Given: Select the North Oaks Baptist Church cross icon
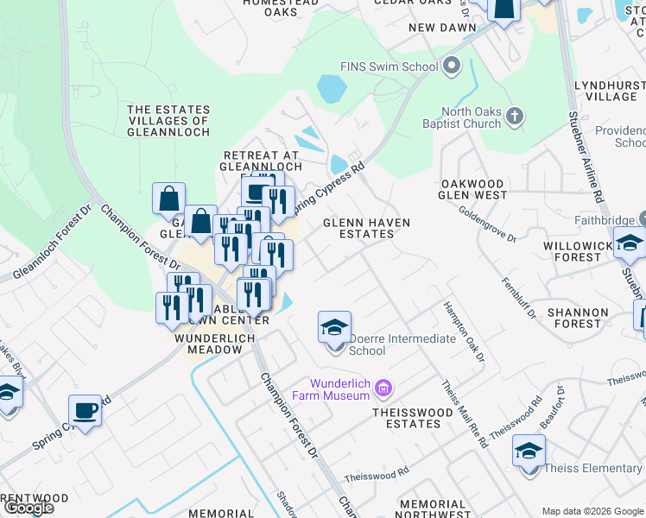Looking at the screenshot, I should (x=515, y=116).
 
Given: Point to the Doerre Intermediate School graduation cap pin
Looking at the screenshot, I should (x=334, y=329).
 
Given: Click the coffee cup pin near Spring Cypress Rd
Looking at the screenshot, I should (x=85, y=411).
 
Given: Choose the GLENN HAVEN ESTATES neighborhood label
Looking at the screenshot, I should (x=366, y=228).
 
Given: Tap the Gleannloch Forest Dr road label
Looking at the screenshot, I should (x=50, y=243).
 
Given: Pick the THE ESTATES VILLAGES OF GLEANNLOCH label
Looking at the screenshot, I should (x=168, y=121).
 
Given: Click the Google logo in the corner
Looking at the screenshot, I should (x=28, y=507).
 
